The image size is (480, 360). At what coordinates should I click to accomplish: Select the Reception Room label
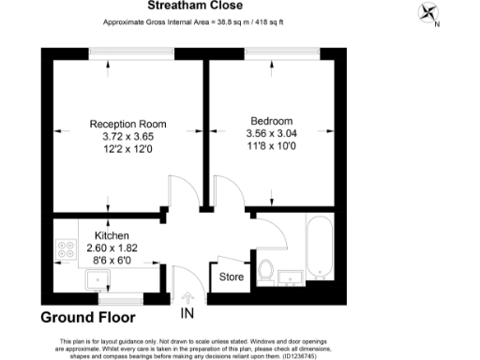tap(127, 124)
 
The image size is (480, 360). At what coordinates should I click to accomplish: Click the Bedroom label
tap(272, 121)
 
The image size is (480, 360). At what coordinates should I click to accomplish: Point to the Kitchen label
tap(112, 235)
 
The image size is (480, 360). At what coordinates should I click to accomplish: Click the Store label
tap(231, 277)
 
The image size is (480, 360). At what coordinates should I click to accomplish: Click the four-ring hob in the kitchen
tap(67, 250)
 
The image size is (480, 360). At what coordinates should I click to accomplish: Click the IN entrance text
tap(187, 312)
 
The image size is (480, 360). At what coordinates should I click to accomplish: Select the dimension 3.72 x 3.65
tap(127, 137)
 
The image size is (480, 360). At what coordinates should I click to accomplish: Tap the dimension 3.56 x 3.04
tap(272, 134)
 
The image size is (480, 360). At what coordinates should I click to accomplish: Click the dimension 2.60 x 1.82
tap(112, 247)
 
